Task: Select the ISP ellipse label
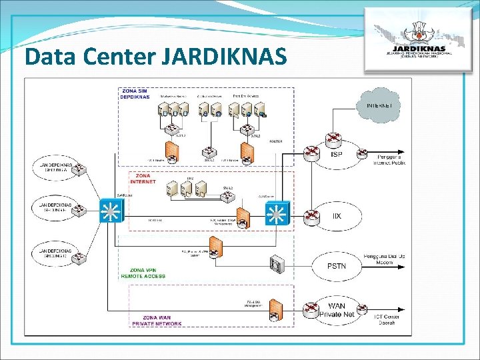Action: [337, 154]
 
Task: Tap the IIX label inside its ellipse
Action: [337, 216]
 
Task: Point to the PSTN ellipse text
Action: [337, 265]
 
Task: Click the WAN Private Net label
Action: [337, 310]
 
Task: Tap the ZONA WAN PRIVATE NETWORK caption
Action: [157, 321]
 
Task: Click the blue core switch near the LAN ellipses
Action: [108, 211]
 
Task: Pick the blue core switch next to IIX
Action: [275, 213]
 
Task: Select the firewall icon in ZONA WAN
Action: [275, 309]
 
